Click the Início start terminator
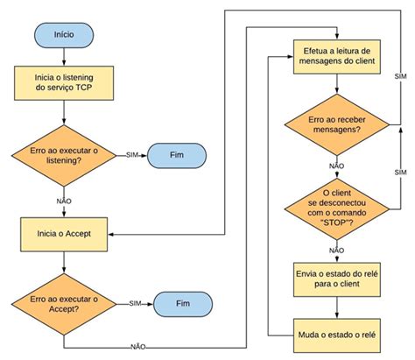[x=65, y=34]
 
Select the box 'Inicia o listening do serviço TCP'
[x=63, y=86]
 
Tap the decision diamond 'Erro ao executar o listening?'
[x=63, y=157]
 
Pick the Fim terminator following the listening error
[x=176, y=157]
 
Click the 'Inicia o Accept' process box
[x=63, y=234]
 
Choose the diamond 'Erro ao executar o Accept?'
[x=63, y=303]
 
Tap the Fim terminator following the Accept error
[x=183, y=303]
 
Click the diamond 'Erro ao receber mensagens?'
[x=338, y=124]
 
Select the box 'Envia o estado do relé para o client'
[x=338, y=278]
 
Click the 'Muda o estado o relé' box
[x=338, y=334]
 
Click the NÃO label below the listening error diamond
[x=64, y=201]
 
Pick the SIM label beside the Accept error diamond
[x=135, y=303]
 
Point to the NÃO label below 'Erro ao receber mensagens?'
[x=337, y=164]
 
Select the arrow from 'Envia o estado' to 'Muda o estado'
[x=338, y=306]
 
